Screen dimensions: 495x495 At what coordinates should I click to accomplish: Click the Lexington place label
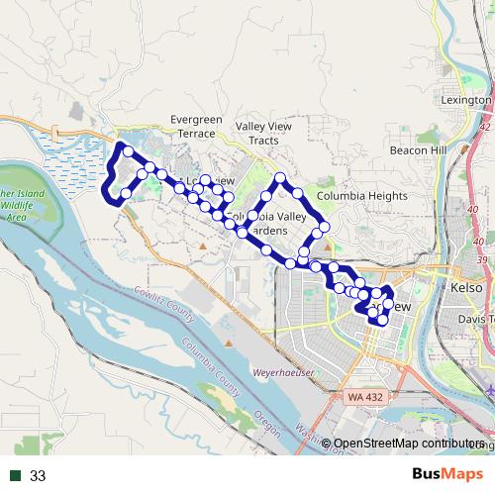pyautogui.click(x=465, y=100)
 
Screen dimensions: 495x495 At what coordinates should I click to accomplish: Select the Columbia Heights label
pyautogui.click(x=361, y=196)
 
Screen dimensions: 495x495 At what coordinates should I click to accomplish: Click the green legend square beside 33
pyautogui.click(x=16, y=476)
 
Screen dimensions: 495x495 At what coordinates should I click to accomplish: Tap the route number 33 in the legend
pyautogui.click(x=38, y=476)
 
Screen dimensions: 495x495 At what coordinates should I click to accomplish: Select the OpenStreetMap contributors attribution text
pyautogui.click(x=406, y=445)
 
